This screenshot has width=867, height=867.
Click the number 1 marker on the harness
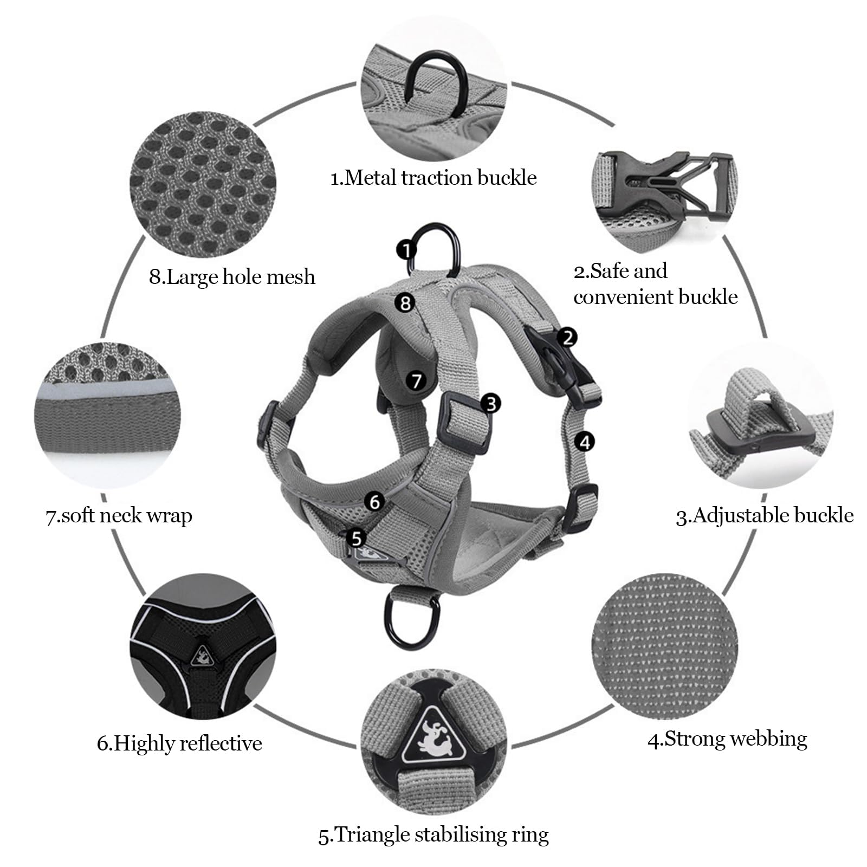(x=406, y=250)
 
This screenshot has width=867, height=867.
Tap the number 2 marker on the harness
(x=567, y=338)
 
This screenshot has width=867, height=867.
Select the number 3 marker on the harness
(x=490, y=403)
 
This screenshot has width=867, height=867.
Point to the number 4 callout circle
(x=584, y=442)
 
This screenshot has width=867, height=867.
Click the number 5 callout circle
(x=356, y=538)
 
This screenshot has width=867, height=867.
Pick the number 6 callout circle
(x=374, y=502)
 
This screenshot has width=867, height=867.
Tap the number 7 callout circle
(x=416, y=381)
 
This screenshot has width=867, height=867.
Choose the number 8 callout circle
(x=405, y=302)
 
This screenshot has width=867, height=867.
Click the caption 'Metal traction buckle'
(x=433, y=178)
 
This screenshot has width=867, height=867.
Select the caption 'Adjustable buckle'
(x=764, y=515)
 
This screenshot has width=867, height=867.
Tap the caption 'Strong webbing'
(x=727, y=739)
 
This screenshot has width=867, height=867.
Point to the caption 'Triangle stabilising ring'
(x=433, y=834)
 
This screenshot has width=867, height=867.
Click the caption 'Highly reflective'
(x=179, y=743)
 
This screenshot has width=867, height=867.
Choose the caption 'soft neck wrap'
(x=119, y=516)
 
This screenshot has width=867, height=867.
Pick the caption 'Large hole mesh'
(x=232, y=277)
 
